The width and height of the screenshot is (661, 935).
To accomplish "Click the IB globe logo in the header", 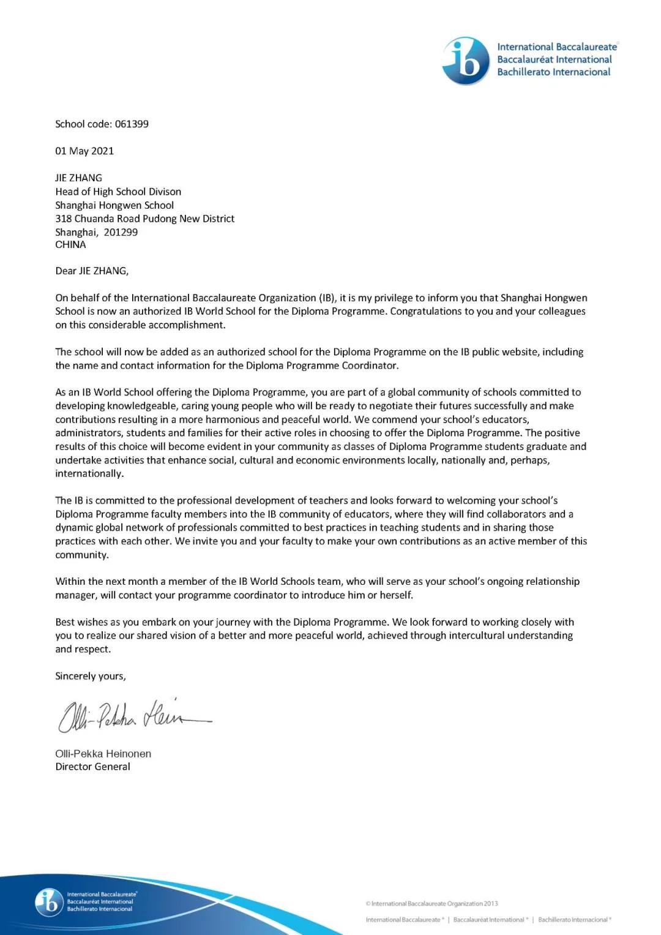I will click(466, 61).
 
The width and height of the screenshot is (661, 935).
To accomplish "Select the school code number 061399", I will click(132, 124).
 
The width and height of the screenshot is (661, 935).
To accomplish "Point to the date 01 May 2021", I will click(84, 151).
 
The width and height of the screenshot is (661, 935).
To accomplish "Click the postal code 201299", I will click(121, 232).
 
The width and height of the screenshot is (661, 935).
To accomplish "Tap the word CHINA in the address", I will click(70, 244).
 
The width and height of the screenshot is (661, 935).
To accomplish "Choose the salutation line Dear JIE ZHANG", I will click(92, 271).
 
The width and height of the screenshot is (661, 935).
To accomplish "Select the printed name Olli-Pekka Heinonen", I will click(103, 754).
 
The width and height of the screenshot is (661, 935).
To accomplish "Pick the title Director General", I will click(92, 767).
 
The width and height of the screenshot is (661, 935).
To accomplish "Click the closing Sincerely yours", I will click(91, 676).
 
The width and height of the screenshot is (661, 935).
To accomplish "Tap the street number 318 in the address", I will click(63, 219).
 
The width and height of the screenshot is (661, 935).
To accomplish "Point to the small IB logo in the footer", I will click(49, 902).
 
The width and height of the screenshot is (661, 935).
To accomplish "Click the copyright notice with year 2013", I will click(431, 903).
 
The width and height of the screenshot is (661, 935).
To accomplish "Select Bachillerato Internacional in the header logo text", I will click(553, 72).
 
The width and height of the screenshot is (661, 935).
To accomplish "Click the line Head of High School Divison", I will click(118, 192).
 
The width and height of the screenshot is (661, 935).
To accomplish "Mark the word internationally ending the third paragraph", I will click(89, 473).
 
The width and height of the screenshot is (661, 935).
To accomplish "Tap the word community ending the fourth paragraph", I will click(81, 555).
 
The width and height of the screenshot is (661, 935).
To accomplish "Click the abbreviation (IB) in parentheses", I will click(327, 298).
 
